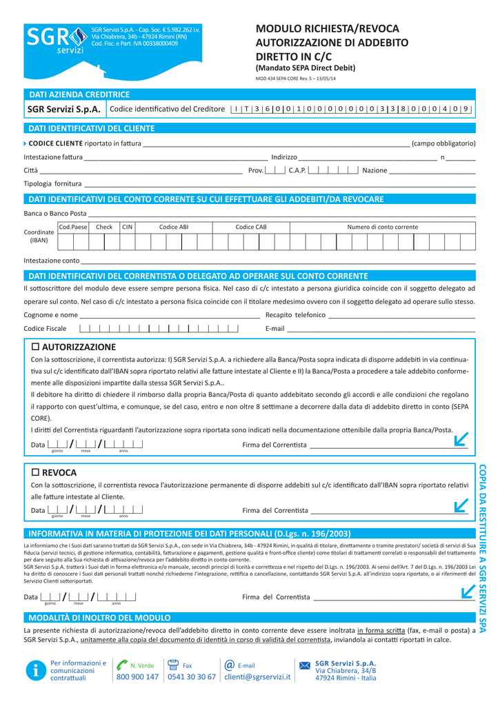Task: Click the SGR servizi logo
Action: pos(56,42)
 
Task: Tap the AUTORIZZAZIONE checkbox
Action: pos(37,347)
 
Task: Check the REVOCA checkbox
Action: pos(37,472)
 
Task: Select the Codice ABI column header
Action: pos(174,227)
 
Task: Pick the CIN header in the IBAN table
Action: pos(128,227)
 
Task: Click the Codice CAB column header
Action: pos(251,227)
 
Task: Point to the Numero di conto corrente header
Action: pos(382,227)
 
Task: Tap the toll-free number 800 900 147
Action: pos(137,677)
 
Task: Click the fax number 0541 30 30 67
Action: pos(192,677)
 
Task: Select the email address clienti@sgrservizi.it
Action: pos(257,677)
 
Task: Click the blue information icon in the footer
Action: pos(34,670)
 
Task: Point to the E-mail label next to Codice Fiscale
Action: pos(274,328)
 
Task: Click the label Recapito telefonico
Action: pos(295,315)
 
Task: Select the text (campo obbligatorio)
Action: pos(443,143)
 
